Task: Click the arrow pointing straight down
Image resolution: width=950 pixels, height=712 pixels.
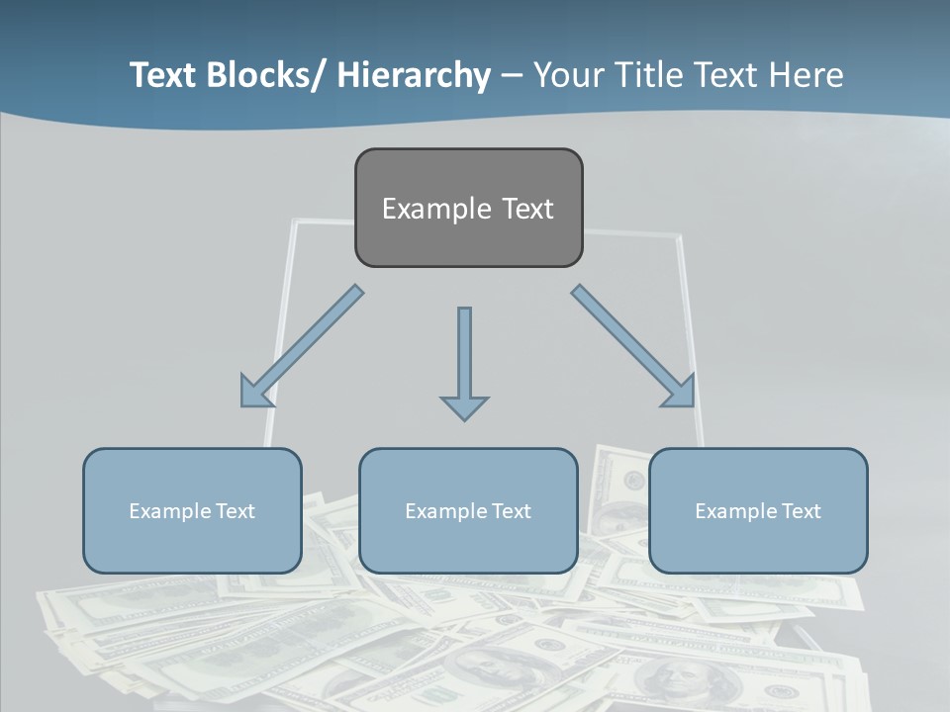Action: point(464,362)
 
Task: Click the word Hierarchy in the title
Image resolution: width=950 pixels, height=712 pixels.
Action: point(414,76)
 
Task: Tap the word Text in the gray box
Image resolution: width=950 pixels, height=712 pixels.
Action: point(527,209)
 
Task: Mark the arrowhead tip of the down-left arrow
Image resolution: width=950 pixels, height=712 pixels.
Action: point(243,404)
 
